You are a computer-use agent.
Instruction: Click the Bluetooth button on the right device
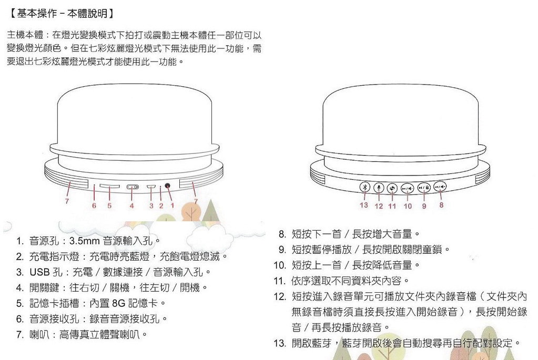(x=365, y=187)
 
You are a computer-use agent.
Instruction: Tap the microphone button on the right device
(x=379, y=188)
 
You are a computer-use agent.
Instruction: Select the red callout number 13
(x=364, y=205)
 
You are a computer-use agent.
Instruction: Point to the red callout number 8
(x=441, y=205)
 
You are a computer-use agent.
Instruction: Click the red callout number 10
(x=408, y=206)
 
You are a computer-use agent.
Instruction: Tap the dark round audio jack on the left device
(x=167, y=186)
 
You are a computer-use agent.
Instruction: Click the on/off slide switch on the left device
(x=133, y=187)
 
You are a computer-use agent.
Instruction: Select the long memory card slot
(x=110, y=186)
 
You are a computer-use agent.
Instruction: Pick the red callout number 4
(x=131, y=206)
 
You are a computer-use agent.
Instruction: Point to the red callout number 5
(x=109, y=206)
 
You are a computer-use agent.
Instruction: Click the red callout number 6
(x=94, y=205)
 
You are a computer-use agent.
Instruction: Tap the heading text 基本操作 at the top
(x=37, y=13)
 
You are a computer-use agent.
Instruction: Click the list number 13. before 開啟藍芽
(x=280, y=343)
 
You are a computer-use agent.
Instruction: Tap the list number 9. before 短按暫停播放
(x=282, y=250)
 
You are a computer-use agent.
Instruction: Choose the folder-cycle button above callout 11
(x=392, y=188)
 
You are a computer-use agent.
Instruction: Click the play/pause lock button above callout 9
(x=424, y=188)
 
